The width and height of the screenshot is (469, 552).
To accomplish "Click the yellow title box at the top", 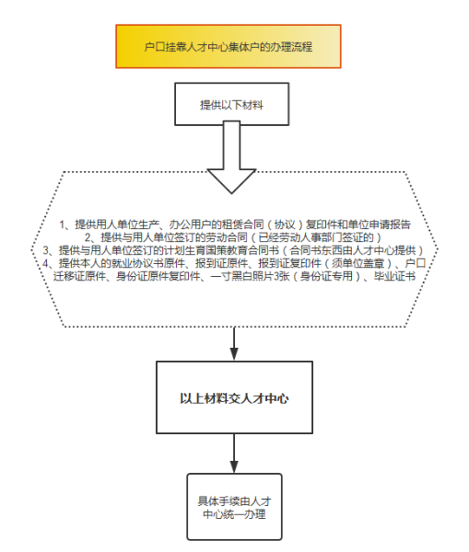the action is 229,46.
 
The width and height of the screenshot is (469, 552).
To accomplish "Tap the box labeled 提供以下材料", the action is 231,104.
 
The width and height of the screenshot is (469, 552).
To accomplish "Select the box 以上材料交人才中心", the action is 234,397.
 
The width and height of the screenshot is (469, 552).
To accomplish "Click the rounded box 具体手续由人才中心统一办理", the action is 234,507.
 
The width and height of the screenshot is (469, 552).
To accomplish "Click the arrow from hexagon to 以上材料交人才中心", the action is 234,343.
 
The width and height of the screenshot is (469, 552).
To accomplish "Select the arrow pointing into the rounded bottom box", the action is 234,454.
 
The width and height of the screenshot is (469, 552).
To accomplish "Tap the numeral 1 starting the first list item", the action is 63,224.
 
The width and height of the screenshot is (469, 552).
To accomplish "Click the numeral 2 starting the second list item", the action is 88,237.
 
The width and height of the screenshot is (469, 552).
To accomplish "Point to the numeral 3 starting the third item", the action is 46,250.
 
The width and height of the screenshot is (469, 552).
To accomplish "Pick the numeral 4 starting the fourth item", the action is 46,263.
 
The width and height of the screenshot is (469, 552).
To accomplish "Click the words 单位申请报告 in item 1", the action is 380,224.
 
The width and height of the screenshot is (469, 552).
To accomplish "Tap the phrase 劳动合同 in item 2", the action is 227,237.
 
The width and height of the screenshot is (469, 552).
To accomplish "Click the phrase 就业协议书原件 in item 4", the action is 147,263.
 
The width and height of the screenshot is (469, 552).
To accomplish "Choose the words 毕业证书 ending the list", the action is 394,276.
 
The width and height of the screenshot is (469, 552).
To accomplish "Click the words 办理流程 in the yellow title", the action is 291,47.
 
